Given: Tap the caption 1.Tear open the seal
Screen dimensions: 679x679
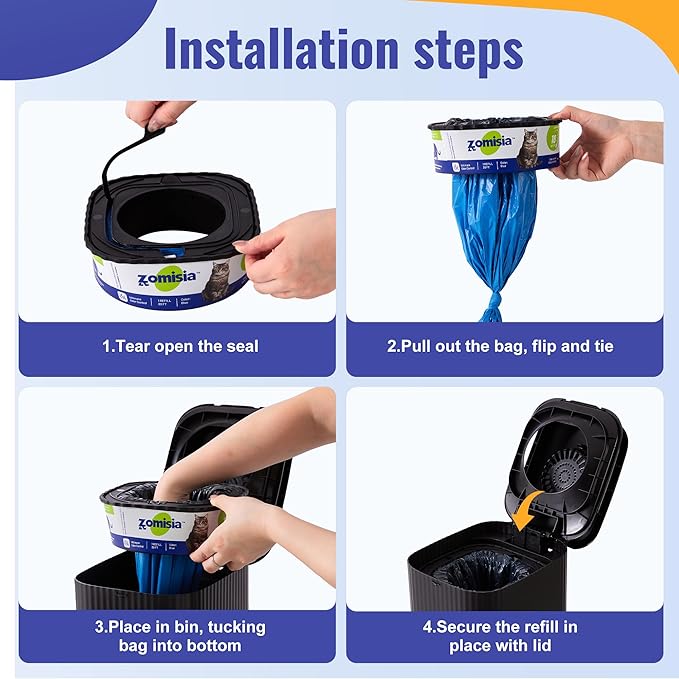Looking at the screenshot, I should coord(180,347).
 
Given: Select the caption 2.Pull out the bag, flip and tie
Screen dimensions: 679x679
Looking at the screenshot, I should coord(500,347).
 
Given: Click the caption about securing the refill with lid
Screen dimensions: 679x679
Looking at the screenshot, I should coord(500,636).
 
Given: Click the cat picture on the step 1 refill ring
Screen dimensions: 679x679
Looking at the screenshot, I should coord(215,282).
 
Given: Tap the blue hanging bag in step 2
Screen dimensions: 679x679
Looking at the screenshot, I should coord(493,230).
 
